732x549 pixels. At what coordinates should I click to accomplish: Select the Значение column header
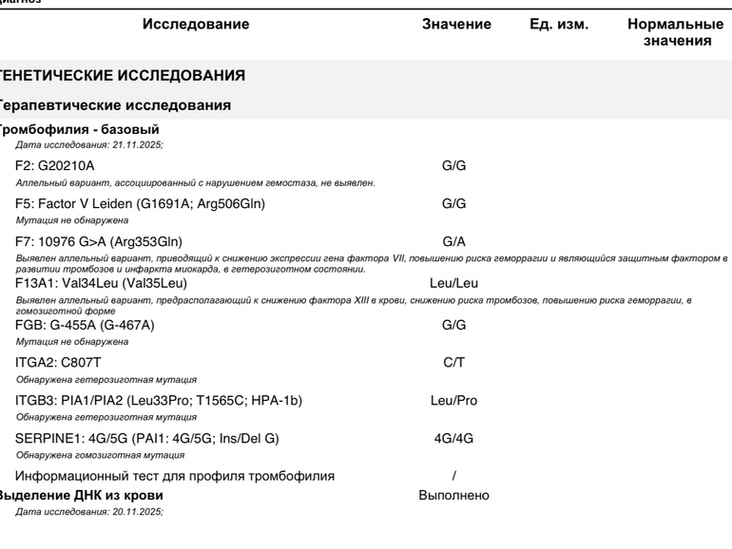[x=456, y=25]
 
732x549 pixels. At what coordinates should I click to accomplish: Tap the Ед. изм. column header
[x=559, y=25]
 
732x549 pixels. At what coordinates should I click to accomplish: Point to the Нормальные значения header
[x=676, y=32]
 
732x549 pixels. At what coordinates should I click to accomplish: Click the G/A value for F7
[x=454, y=241]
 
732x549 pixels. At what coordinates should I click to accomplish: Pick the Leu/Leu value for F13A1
[x=454, y=282]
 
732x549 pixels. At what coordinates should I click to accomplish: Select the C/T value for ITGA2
[x=454, y=362]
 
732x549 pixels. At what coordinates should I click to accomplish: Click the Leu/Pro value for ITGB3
[x=454, y=401]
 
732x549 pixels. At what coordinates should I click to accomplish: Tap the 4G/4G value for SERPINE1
[x=454, y=440]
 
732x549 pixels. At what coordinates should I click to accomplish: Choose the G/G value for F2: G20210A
[x=454, y=166]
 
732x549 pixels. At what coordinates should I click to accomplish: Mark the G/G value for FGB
[x=454, y=325]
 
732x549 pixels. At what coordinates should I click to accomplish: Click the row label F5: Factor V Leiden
[x=141, y=203]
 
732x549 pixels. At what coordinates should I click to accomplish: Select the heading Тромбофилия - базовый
[x=79, y=129]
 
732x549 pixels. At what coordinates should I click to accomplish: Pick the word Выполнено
[x=454, y=496]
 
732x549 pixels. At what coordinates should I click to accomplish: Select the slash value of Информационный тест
[x=454, y=475]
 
